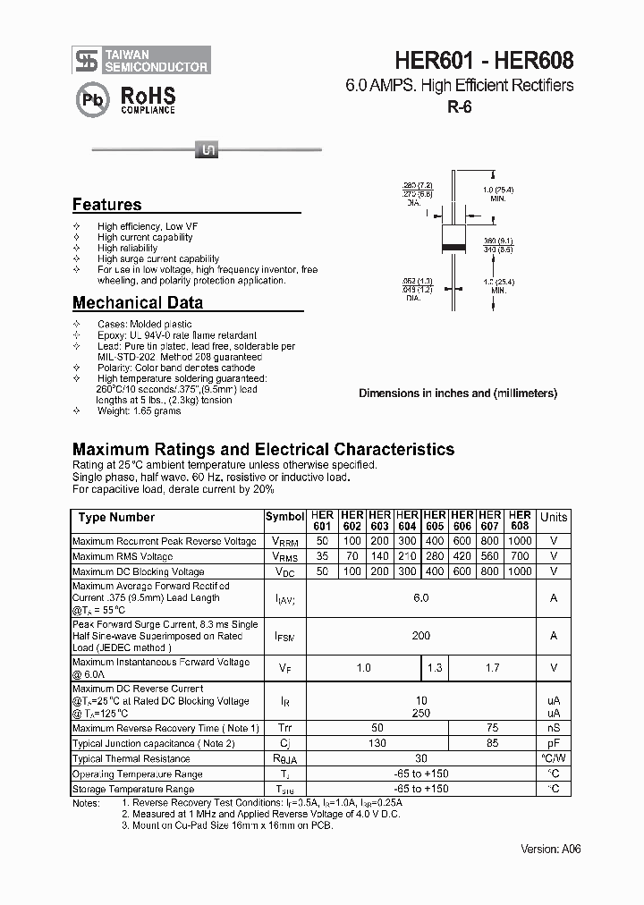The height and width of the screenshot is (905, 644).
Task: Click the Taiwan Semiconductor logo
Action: (x=141, y=61)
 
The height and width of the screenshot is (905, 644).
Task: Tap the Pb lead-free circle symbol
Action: (x=91, y=100)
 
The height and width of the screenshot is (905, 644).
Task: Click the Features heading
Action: (x=106, y=205)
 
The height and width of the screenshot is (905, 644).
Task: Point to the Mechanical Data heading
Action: (x=137, y=302)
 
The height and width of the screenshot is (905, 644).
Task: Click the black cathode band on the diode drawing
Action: (x=455, y=247)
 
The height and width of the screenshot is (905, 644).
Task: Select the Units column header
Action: (x=554, y=517)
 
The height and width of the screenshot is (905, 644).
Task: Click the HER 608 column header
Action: (x=520, y=520)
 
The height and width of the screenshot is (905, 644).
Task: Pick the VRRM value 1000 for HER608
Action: (x=520, y=541)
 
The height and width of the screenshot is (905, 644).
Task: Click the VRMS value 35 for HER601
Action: (x=322, y=556)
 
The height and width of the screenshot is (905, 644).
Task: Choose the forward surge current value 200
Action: (x=421, y=636)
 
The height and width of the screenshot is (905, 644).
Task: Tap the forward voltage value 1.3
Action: (x=435, y=668)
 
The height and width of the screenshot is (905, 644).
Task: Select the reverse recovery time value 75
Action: (x=490, y=728)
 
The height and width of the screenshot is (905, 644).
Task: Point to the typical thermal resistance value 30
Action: (x=421, y=758)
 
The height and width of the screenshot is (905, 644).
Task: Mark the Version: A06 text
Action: (x=551, y=849)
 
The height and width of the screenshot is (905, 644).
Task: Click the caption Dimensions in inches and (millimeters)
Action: (x=458, y=393)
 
